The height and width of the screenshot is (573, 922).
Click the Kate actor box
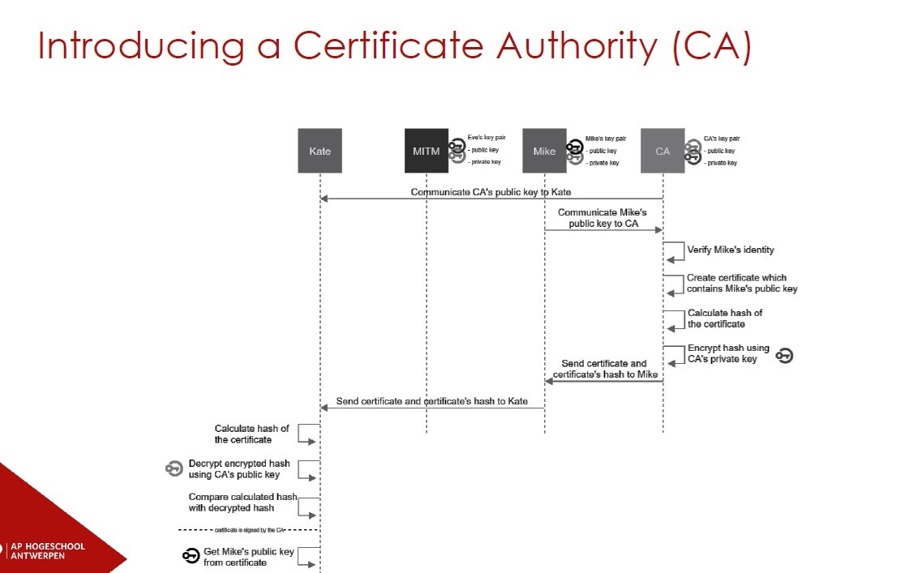click(319, 151)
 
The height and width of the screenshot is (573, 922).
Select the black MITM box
click(426, 151)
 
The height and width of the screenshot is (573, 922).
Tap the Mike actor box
click(544, 151)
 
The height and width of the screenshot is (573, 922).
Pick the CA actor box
click(663, 151)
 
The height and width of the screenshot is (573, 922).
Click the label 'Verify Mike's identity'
click(730, 250)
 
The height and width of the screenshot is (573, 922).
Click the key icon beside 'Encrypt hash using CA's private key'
click(784, 354)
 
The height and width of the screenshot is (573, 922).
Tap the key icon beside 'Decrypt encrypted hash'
click(174, 468)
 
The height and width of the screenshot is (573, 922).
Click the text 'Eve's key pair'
click(487, 139)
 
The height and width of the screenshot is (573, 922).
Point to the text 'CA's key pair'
click(722, 139)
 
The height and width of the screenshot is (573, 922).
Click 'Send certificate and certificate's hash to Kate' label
click(432, 401)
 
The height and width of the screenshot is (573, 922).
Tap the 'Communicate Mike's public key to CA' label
click(602, 218)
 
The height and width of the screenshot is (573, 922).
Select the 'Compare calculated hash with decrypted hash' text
click(242, 502)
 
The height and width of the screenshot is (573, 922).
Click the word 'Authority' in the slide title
click(578, 47)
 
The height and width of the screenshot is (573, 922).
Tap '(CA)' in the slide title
click(712, 47)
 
